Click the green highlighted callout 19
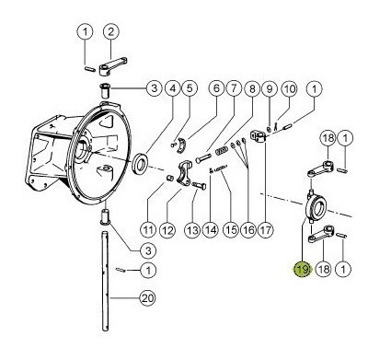coord(302,269)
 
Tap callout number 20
coord(147,298)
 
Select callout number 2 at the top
coord(110,31)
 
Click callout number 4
coord(173,88)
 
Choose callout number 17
coord(266,229)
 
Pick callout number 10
coord(289,89)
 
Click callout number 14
coord(211,229)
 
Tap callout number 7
coord(234,88)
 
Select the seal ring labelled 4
coord(141,163)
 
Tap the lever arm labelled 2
coord(112,65)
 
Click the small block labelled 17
coord(259,136)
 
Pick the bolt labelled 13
coord(199,185)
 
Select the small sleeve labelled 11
coord(169,178)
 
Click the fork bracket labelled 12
coord(185,174)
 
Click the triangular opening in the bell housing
coord(108,121)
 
